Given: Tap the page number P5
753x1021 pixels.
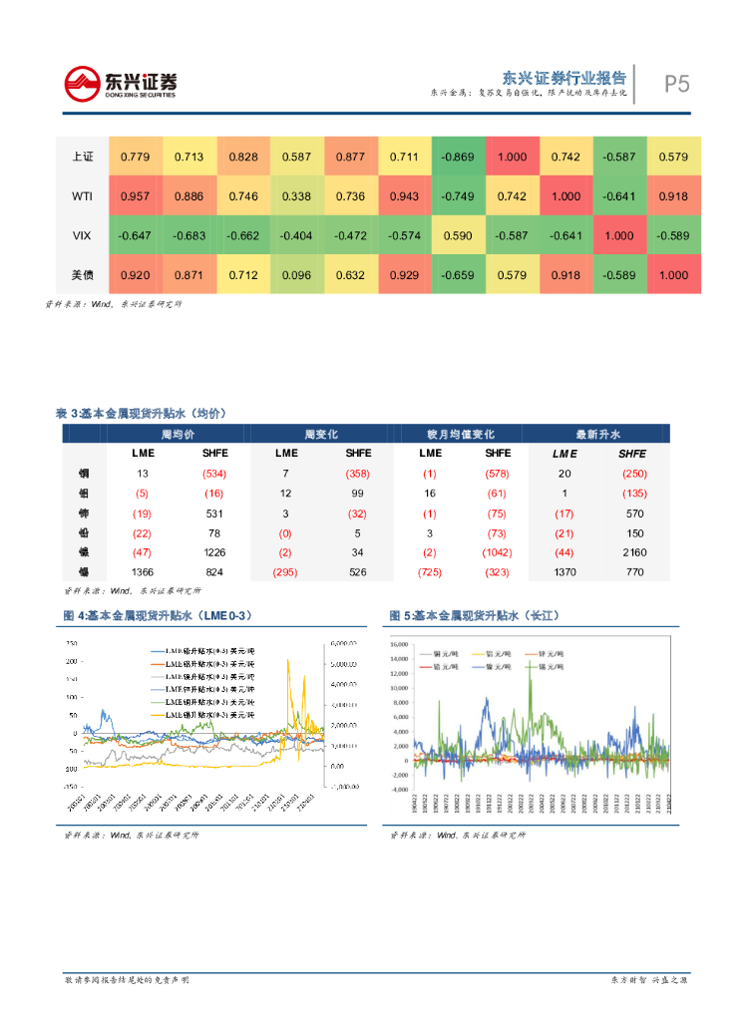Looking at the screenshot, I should click(x=676, y=84).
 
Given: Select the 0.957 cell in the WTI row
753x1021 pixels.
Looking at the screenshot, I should click(x=135, y=196).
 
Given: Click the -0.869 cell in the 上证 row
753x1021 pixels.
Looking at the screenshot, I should click(x=458, y=157).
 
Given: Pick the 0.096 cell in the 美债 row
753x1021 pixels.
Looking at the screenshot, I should click(x=296, y=275).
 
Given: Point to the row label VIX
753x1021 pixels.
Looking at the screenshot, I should click(x=83, y=236).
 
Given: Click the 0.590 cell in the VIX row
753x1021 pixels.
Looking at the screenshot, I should click(x=458, y=236).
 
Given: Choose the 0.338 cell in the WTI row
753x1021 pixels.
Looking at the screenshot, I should click(x=296, y=196).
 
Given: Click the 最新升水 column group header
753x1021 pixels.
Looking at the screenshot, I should click(x=597, y=435).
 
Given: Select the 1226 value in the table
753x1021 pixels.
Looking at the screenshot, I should click(x=214, y=551).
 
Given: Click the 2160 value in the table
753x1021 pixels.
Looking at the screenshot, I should click(x=634, y=551).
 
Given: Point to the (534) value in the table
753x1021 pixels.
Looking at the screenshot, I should click(x=214, y=474).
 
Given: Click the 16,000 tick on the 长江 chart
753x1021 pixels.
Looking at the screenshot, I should click(x=399, y=645).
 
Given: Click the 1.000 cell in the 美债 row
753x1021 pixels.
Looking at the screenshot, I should click(x=673, y=275).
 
